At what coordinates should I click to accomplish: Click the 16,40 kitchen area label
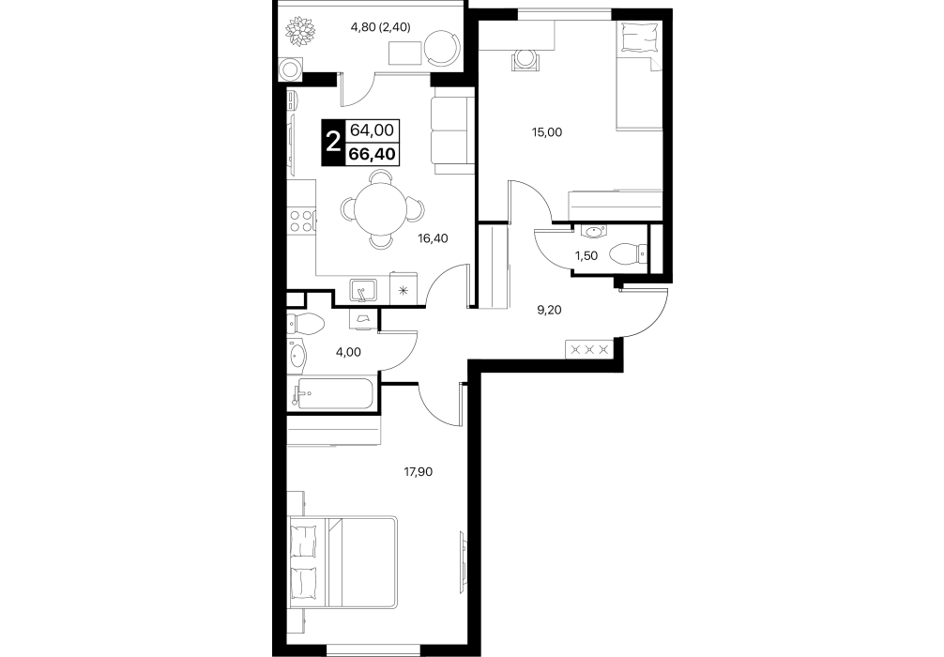pyautogui.click(x=433, y=238)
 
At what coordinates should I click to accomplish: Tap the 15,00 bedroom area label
pyautogui.click(x=547, y=132)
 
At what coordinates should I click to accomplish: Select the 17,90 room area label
pyautogui.click(x=418, y=472)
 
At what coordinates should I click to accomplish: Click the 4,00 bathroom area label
pyautogui.click(x=348, y=352)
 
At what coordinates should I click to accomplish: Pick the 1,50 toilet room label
pyautogui.click(x=586, y=256)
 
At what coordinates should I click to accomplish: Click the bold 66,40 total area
pyautogui.click(x=372, y=154)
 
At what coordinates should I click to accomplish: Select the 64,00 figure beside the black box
pyautogui.click(x=372, y=130)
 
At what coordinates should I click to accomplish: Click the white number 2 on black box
pyautogui.click(x=332, y=144)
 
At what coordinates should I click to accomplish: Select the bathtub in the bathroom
pyautogui.click(x=333, y=394)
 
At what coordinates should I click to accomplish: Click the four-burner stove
pyautogui.click(x=301, y=221)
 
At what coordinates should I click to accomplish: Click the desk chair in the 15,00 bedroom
pyautogui.click(x=526, y=60)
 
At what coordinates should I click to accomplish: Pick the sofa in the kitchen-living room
pyautogui.click(x=452, y=132)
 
